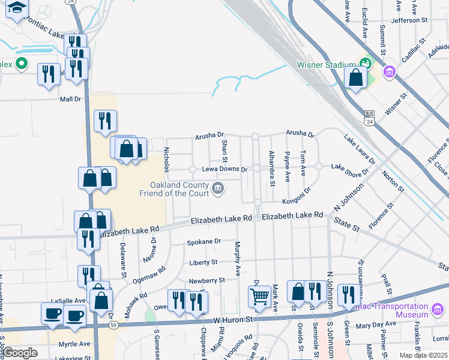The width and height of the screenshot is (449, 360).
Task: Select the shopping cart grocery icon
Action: click(x=259, y=296)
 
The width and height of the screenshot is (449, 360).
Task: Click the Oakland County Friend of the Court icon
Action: click(x=218, y=190)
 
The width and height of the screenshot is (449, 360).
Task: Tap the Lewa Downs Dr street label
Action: click(x=224, y=170)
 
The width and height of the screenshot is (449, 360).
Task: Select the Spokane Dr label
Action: click(x=204, y=241)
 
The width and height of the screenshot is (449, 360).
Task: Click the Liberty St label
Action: click(x=203, y=262)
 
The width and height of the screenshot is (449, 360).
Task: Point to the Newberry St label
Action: click(x=206, y=280)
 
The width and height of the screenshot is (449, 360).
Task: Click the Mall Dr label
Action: click(x=70, y=99)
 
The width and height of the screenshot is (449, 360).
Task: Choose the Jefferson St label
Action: click(x=408, y=20)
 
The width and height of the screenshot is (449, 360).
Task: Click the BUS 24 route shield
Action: click(x=369, y=118)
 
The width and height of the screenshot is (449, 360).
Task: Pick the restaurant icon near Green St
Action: click(x=348, y=294)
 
